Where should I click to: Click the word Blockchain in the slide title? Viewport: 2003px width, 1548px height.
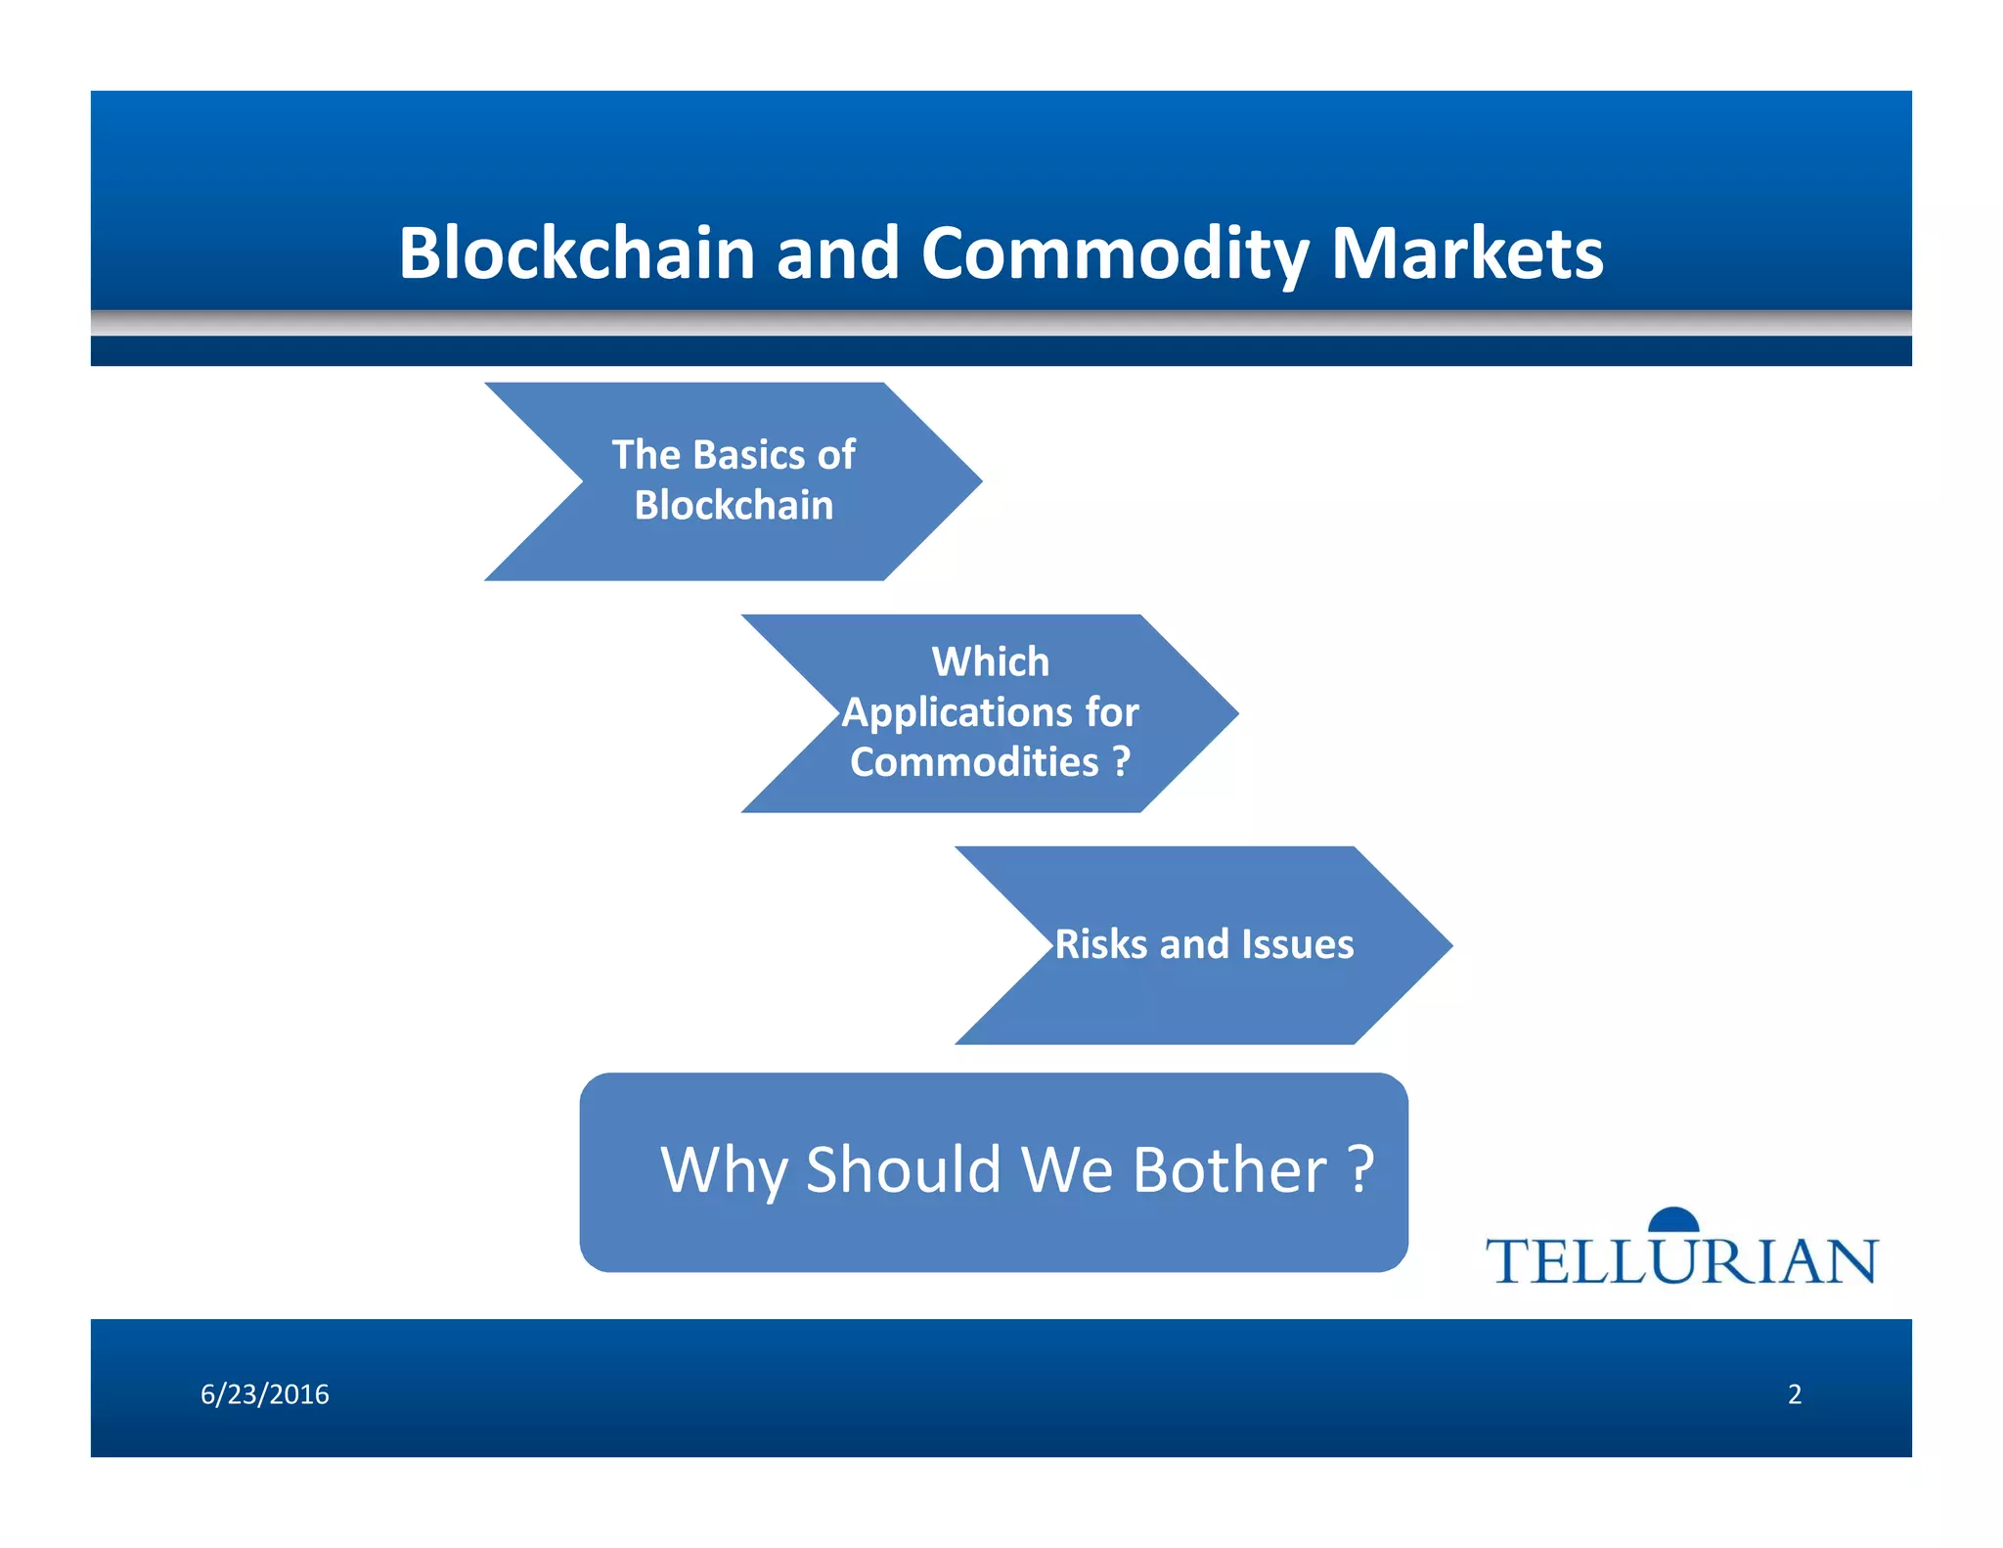[x=577, y=252]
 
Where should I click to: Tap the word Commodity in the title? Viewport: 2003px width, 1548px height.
[x=1115, y=254]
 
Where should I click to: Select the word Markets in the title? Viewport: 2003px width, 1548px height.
[x=1467, y=252]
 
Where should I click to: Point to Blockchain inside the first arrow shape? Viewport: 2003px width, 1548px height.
[x=734, y=506]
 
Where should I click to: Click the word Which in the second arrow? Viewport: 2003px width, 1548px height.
[x=990, y=662]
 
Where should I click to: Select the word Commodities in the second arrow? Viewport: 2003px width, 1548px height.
[x=974, y=762]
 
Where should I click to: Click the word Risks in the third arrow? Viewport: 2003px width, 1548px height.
[x=1101, y=945]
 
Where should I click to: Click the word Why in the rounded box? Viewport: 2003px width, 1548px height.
[x=724, y=1170]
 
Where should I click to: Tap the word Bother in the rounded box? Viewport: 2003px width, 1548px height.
[x=1229, y=1170]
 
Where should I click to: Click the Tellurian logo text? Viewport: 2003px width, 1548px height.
[x=1681, y=1260]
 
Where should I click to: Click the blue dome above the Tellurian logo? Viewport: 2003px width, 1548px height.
[x=1673, y=1219]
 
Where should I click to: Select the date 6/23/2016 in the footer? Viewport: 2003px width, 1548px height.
[x=265, y=1394]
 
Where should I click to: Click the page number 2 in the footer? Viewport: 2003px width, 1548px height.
[x=1795, y=1394]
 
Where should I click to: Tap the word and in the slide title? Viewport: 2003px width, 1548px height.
[x=837, y=252]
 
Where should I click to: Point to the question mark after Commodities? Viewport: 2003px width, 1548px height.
[x=1122, y=761]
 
